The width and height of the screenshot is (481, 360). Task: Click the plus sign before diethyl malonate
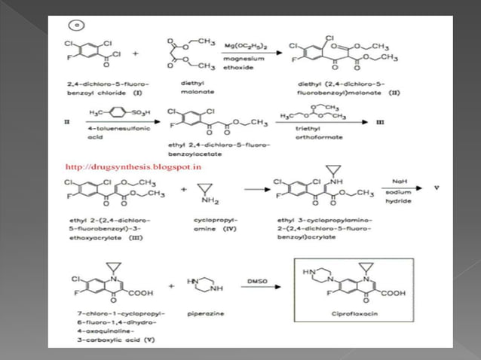point(136,54)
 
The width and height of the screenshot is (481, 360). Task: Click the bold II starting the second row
point(66,119)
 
